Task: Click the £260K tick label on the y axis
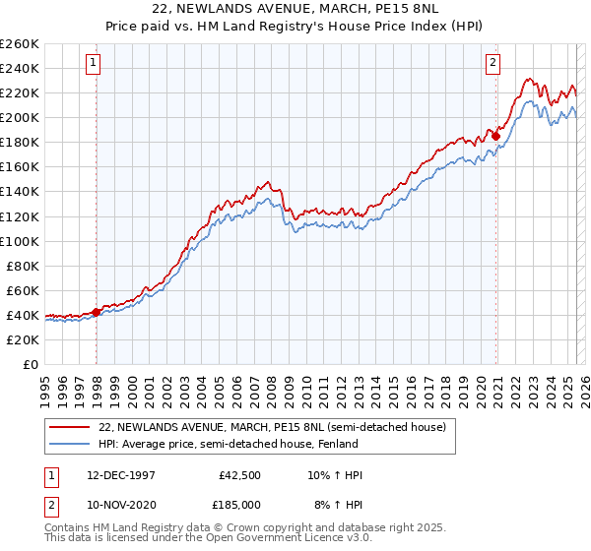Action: tap(20, 44)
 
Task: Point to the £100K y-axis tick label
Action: tap(20, 241)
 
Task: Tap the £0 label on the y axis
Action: tap(31, 364)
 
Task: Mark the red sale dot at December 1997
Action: tap(97, 312)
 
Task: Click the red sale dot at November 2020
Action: tap(495, 136)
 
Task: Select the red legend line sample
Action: tap(70, 427)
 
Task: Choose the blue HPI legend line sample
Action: tap(70, 445)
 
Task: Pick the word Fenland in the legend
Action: tap(336, 445)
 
